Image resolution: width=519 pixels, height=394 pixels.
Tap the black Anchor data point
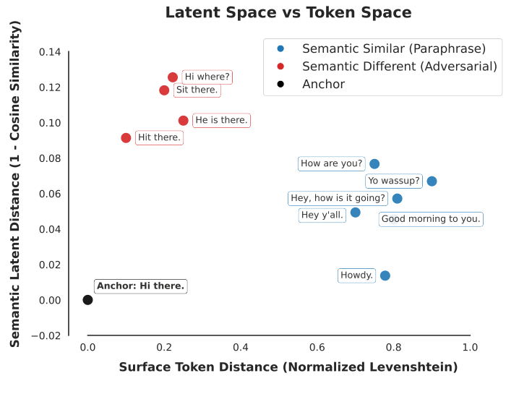(x=87, y=300)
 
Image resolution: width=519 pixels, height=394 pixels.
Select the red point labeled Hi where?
(x=173, y=77)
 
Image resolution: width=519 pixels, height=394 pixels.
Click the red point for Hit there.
(x=126, y=138)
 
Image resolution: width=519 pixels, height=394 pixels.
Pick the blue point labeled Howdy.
(x=385, y=275)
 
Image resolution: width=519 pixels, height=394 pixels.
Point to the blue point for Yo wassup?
(x=432, y=181)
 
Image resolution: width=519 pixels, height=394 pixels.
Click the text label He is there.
(x=221, y=120)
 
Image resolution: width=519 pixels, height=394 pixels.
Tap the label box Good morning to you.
(x=431, y=219)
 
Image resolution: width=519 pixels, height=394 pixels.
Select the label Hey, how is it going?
(x=338, y=198)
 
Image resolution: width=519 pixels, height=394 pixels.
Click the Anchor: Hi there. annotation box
(x=141, y=286)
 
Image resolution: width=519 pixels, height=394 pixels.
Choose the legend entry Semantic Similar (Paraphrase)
(x=393, y=49)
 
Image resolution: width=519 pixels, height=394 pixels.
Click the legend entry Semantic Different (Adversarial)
(x=399, y=67)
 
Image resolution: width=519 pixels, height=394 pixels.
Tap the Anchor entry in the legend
(x=323, y=85)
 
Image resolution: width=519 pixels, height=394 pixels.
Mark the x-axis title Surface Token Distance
(x=288, y=367)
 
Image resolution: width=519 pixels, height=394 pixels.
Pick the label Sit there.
(x=197, y=90)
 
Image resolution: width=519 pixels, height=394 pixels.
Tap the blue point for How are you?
(x=374, y=164)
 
